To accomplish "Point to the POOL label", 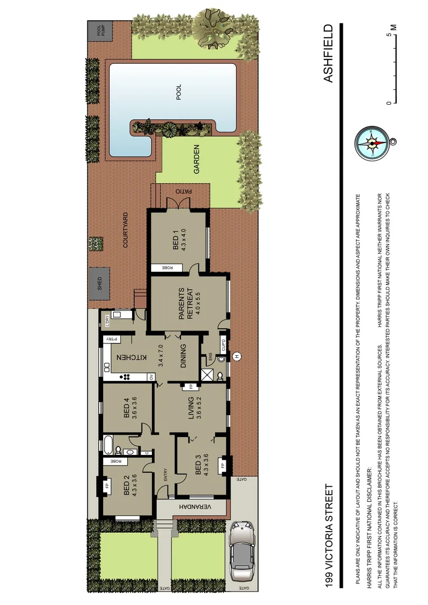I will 179,93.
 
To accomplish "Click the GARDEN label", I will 197,159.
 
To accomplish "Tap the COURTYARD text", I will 125,230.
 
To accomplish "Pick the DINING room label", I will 184,357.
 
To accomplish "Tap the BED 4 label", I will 127,408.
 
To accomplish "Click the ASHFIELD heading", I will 329,53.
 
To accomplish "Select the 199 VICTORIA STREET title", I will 329,536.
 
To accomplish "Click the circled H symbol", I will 236,356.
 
